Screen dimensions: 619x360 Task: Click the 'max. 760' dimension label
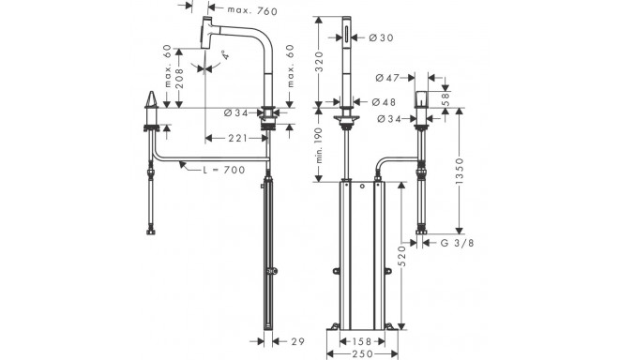tap(252, 10)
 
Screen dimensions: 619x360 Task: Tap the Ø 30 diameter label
tap(382, 37)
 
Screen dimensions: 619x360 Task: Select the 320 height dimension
tap(320, 61)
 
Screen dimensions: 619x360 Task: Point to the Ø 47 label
tap(387, 78)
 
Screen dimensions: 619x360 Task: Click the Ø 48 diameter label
tap(384, 102)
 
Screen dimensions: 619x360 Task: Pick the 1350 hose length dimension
tap(459, 172)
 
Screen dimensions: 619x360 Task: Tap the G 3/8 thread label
tap(457, 243)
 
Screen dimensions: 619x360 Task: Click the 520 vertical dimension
tap(401, 256)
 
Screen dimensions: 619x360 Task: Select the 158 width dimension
tap(362, 341)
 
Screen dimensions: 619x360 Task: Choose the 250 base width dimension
tap(362, 354)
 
